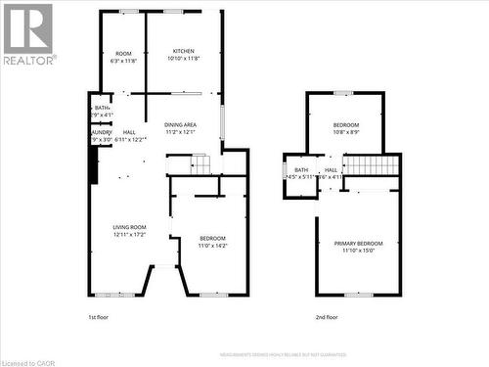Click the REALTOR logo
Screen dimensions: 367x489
(27, 33)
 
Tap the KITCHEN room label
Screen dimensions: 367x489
(184, 51)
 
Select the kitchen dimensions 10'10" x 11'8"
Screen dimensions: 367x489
(184, 59)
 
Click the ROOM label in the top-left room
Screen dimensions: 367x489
(123, 53)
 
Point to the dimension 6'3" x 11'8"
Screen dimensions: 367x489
(123, 61)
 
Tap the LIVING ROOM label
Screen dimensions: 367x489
(129, 227)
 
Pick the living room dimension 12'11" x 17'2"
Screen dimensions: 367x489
(129, 235)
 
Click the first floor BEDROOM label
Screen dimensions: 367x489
(212, 238)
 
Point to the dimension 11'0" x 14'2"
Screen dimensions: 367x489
(212, 246)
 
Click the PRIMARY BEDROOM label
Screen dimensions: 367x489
(358, 243)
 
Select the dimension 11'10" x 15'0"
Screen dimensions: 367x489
(358, 251)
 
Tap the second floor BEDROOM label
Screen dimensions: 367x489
(345, 124)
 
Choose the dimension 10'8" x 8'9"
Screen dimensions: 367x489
(345, 132)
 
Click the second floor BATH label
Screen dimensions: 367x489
(301, 169)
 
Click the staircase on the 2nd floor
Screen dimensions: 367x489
(372, 165)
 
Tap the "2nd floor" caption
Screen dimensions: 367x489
(326, 317)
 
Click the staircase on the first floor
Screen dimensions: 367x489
(200, 167)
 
